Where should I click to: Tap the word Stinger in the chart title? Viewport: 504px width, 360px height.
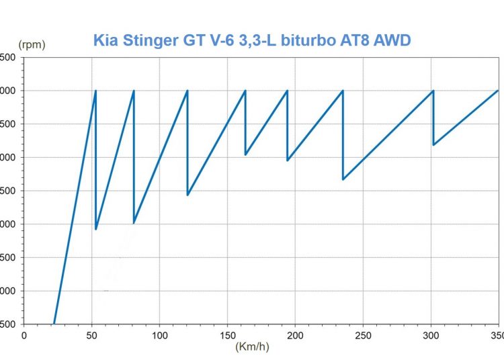148,41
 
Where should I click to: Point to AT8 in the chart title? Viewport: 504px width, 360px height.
361,41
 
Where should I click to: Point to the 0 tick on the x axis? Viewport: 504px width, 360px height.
24,334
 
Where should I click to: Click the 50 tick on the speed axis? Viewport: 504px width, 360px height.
92,334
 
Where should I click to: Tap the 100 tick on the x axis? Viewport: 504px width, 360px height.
160,334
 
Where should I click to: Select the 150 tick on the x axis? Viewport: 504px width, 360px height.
228,334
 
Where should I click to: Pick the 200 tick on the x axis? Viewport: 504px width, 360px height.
296,334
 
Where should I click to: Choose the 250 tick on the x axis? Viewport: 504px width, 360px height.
364,334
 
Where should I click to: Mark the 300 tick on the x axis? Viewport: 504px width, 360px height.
431,334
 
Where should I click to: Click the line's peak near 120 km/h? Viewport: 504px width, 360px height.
187,91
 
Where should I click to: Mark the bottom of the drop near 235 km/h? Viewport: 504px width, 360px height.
343,179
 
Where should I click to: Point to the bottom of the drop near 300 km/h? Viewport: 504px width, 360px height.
434,144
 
